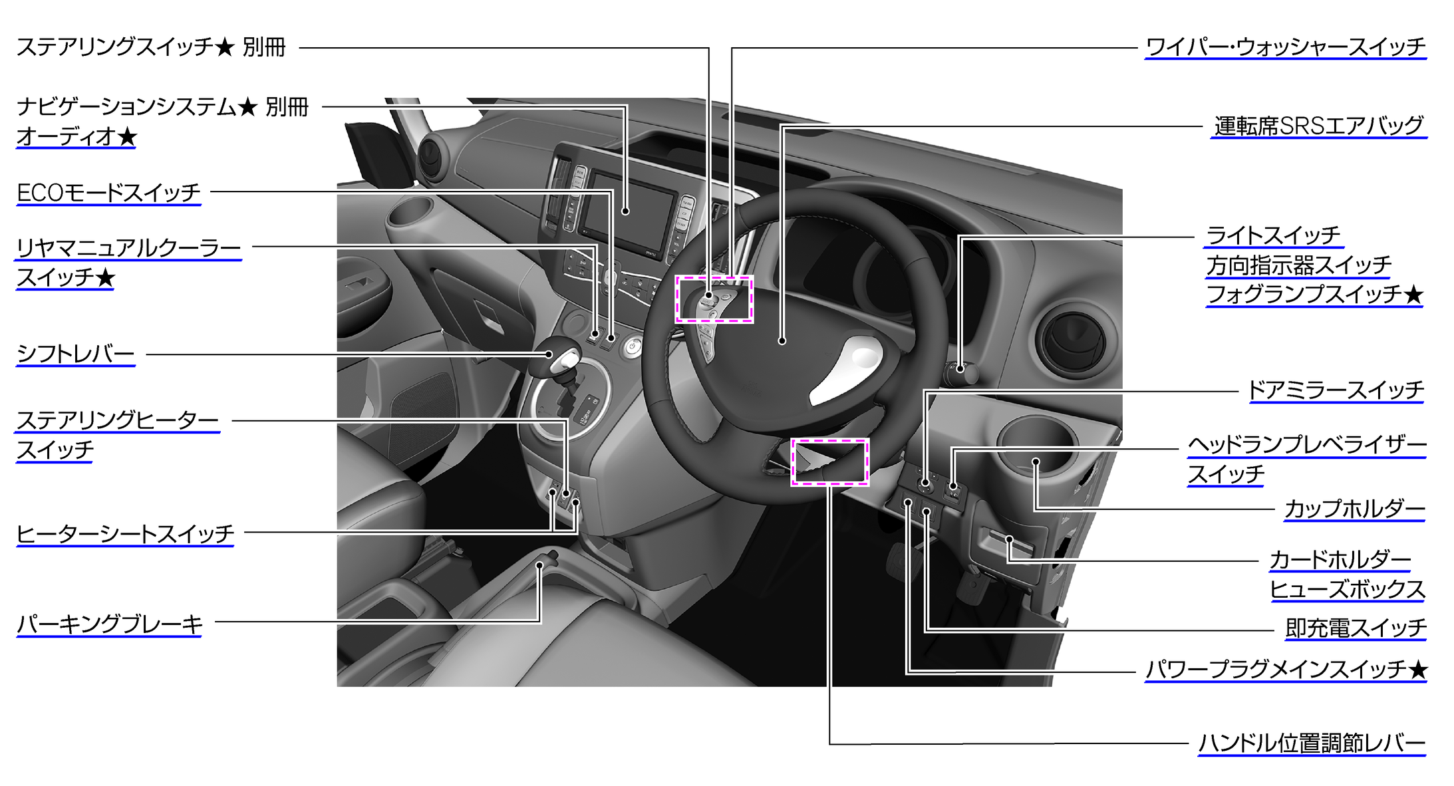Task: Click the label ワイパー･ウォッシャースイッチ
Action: click(1286, 47)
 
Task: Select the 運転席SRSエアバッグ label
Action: click(1318, 126)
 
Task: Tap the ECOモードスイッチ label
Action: click(108, 193)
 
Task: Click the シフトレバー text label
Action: click(76, 354)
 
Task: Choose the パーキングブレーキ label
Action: click(110, 624)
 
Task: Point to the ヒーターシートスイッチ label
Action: click(125, 534)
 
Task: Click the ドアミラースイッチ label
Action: click(1336, 390)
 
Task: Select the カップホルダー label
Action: click(1354, 509)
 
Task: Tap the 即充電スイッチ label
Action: click(1356, 628)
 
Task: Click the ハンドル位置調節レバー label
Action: click(1312, 743)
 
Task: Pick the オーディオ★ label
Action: click(76, 136)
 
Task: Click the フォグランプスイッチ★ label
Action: click(1314, 294)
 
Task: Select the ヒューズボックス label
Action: click(1347, 589)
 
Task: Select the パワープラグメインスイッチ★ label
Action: click(1286, 670)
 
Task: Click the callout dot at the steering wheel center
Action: click(782, 340)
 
